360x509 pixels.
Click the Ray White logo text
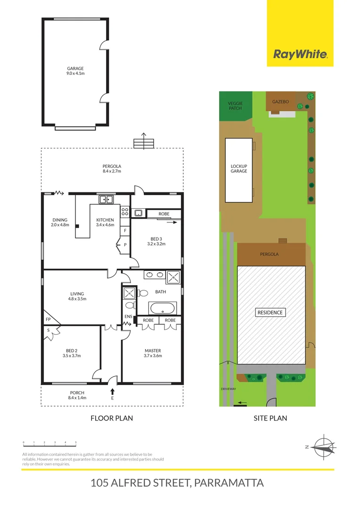click(300, 54)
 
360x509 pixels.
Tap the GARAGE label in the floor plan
click(75, 68)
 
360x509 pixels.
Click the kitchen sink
click(106, 199)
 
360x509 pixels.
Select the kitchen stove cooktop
click(125, 212)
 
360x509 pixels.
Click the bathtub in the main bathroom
click(162, 309)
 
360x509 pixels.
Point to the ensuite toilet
click(131, 305)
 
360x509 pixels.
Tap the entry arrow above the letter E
click(112, 392)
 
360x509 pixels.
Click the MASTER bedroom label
click(153, 351)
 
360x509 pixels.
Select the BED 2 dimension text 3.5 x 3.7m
click(72, 356)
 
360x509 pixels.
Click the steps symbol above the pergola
click(144, 142)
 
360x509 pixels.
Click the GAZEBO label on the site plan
click(280, 101)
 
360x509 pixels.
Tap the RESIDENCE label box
click(270, 312)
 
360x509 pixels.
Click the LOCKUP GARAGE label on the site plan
click(238, 169)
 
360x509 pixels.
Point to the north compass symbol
click(323, 445)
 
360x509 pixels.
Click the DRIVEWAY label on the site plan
click(228, 389)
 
